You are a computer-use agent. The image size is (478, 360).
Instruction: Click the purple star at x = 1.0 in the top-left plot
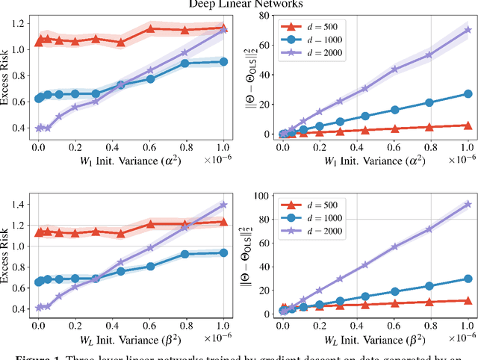click(223, 28)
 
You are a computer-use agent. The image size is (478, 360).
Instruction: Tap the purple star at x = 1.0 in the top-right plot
click(468, 30)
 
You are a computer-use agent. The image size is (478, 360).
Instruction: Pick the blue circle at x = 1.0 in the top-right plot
click(468, 94)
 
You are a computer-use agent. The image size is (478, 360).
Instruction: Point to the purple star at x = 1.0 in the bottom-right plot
click(468, 203)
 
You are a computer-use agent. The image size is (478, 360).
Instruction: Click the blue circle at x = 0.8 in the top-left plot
click(186, 63)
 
